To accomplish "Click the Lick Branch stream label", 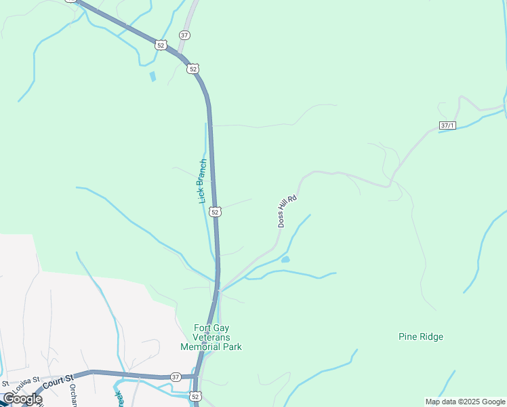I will coord(202,182).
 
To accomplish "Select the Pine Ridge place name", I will coord(420,336).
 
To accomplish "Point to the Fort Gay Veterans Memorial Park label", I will coord(211,337).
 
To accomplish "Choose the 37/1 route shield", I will coord(447,125).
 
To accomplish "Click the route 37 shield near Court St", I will coord(176,377).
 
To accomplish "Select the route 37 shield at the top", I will coord(185,35).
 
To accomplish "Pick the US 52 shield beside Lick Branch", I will coord(215,212).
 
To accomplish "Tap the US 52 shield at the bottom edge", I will coord(196,396).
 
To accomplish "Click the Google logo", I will coord(22,399).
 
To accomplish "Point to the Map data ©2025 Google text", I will coord(465,402).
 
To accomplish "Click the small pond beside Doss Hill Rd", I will coord(285,259).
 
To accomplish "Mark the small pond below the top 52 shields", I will coord(153,77).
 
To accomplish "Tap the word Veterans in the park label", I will coord(211,337).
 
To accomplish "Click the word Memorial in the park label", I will coord(211,347).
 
